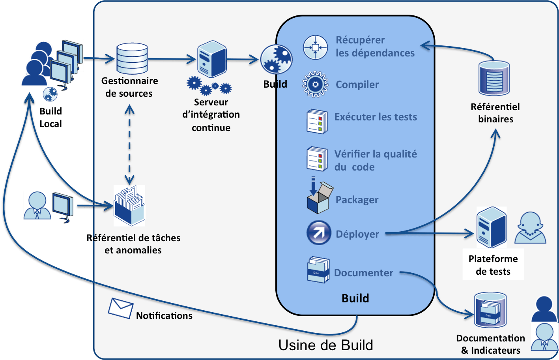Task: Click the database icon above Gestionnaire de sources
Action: click(x=132, y=58)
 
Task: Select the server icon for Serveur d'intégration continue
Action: click(x=212, y=59)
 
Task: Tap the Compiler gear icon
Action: click(x=315, y=84)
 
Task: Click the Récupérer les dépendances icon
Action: click(x=315, y=47)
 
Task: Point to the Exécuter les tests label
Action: click(x=376, y=117)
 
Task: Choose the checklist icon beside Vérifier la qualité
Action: click(x=317, y=159)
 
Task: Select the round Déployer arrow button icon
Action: click(x=319, y=233)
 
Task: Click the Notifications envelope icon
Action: click(x=120, y=308)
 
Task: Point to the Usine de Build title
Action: click(x=325, y=345)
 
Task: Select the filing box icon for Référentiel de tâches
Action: click(x=129, y=206)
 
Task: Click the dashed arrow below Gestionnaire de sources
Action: click(x=129, y=144)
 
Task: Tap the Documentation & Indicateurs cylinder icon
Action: click(x=490, y=310)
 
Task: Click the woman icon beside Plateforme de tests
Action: click(x=530, y=228)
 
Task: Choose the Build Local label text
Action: click(x=50, y=117)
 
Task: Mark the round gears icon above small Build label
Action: click(x=276, y=60)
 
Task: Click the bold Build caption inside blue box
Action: click(x=355, y=298)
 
